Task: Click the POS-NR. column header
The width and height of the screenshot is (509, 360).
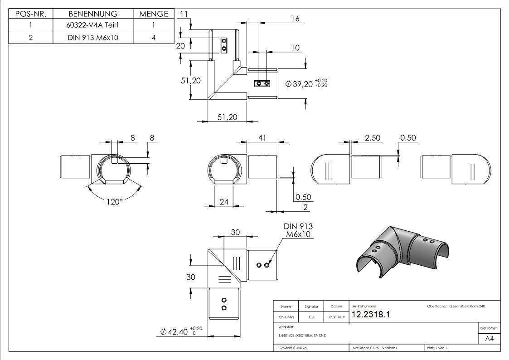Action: [30, 14]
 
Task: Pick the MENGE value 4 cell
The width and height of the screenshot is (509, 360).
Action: [154, 38]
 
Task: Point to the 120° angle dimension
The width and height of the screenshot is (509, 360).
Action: [115, 201]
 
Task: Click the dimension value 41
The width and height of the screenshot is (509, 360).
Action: [262, 138]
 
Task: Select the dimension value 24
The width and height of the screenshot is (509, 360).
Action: [224, 202]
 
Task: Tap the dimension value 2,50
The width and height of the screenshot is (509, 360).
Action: [373, 138]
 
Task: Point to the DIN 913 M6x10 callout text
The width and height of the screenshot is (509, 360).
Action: [298, 230]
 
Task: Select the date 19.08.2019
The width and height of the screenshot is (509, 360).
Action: [336, 317]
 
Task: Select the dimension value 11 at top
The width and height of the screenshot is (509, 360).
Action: [184, 14]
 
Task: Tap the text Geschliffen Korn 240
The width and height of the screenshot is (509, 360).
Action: [467, 306]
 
